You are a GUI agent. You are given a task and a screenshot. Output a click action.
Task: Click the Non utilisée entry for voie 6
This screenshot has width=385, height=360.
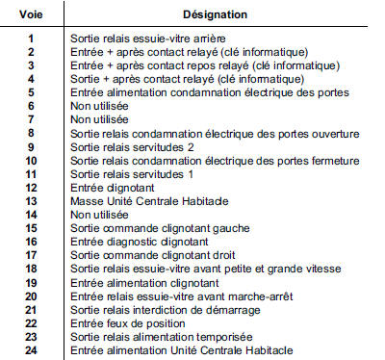point(96,105)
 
